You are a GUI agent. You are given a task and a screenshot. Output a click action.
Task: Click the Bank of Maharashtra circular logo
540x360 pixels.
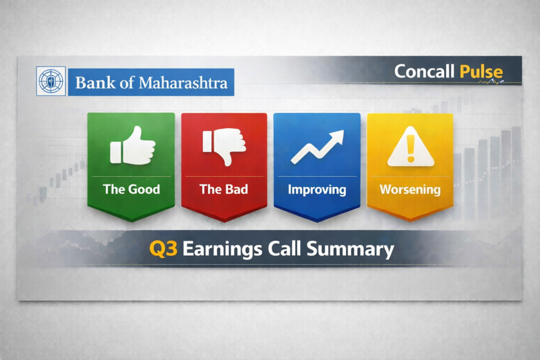51,81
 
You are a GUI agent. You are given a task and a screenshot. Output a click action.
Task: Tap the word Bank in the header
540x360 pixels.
93,83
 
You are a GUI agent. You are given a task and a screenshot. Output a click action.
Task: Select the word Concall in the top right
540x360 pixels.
425,72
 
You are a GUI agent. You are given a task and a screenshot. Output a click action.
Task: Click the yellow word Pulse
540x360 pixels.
481,72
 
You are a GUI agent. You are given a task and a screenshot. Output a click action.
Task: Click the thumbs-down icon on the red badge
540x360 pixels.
224,146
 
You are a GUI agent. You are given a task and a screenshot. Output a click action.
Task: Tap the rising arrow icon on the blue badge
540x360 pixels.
317,147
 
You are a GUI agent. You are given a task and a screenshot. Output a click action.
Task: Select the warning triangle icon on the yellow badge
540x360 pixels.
410,148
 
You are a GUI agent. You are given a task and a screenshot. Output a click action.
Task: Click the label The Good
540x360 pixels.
131,189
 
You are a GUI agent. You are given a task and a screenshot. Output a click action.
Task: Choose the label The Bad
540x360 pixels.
224,189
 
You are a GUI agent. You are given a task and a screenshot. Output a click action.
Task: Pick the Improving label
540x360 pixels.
317,189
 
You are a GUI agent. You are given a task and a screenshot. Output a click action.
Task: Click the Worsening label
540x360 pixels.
410,189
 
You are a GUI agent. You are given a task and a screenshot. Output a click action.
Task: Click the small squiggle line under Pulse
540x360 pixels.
493,82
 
